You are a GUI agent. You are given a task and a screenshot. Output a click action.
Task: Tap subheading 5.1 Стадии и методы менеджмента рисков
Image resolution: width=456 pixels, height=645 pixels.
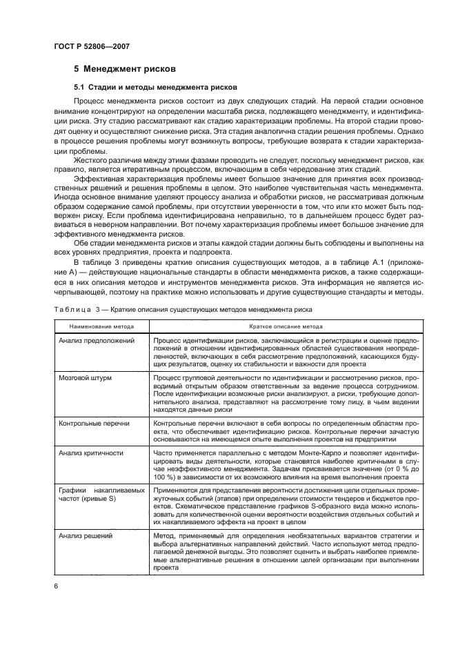pyautogui.click(x=155, y=88)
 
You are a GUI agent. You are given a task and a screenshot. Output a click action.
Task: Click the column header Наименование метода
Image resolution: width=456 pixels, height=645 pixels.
pyautogui.click(x=96, y=326)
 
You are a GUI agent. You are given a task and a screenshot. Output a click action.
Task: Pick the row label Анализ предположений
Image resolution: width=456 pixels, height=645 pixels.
pyautogui.click(x=96, y=341)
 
